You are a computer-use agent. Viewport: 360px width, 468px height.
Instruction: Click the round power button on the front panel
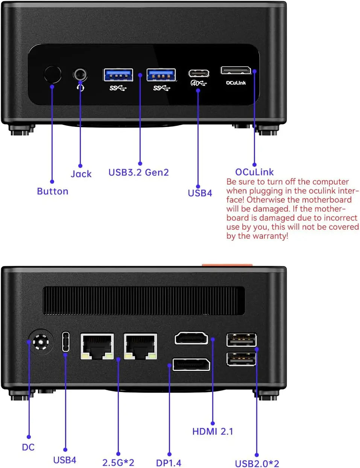point(52,75)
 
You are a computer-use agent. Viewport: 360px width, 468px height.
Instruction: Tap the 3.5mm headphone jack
point(80,75)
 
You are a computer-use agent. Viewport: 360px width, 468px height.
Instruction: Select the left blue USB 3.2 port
point(118,75)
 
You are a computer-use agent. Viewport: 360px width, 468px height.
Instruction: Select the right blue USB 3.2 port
point(161,75)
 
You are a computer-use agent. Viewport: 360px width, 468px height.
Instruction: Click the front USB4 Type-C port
point(199,73)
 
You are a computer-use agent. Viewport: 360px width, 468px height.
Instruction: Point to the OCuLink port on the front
point(235,70)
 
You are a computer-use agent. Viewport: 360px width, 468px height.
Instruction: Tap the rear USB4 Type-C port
point(66,341)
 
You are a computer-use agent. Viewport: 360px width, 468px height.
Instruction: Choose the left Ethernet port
point(97,346)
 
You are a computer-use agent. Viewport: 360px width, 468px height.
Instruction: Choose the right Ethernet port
point(140,346)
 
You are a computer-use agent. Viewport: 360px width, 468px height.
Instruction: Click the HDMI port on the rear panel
point(191,338)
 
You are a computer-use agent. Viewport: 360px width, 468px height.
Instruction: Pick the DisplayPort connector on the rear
point(191,364)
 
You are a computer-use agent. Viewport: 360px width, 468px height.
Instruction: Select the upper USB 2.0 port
point(242,340)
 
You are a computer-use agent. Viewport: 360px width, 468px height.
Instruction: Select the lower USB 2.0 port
point(242,359)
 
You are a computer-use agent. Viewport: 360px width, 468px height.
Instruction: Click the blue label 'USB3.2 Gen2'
point(138,172)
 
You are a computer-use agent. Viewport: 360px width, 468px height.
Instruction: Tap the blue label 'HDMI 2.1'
point(213,431)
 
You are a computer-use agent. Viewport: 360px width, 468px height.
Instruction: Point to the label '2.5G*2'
point(118,462)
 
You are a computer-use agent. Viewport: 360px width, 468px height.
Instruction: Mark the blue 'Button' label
point(53,191)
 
